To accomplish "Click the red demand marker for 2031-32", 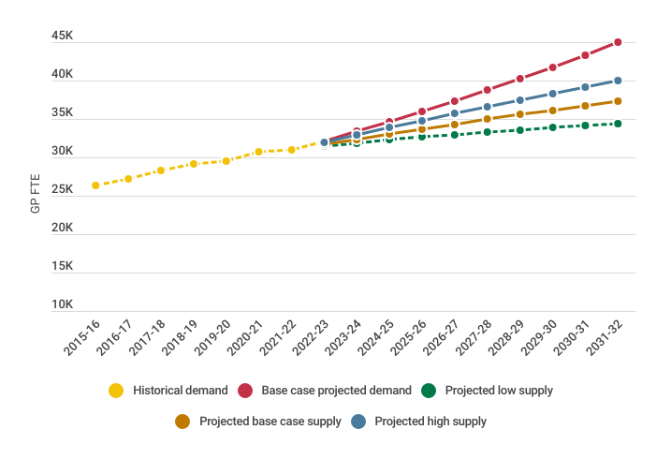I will click(618, 42).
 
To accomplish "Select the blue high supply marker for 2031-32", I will click(618, 81).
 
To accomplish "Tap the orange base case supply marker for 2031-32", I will click(618, 101).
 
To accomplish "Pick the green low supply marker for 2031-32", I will click(618, 124).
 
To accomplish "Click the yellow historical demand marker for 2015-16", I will click(95, 185).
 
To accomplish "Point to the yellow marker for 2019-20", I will click(226, 161).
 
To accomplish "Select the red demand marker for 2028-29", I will click(519, 79).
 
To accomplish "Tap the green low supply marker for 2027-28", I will click(488, 132).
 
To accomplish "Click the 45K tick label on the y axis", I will click(63, 36).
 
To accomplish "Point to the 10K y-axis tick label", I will click(63, 304).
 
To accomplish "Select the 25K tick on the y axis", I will click(63, 189).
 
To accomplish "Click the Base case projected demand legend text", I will click(336, 391).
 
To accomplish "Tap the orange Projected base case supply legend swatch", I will click(182, 422).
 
